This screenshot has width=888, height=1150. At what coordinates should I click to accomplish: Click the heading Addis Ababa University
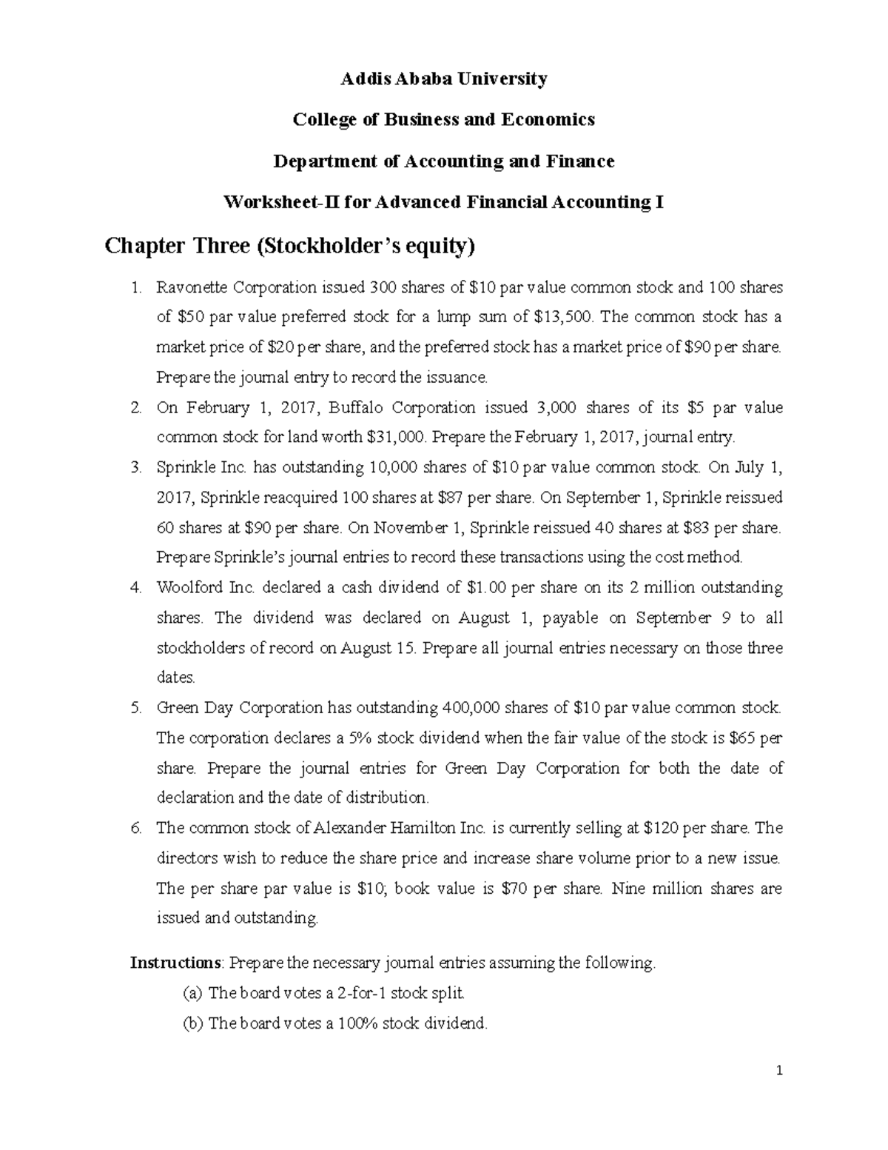(443, 78)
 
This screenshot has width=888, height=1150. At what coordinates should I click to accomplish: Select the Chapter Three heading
(289, 246)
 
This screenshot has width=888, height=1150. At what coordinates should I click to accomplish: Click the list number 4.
(135, 588)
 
